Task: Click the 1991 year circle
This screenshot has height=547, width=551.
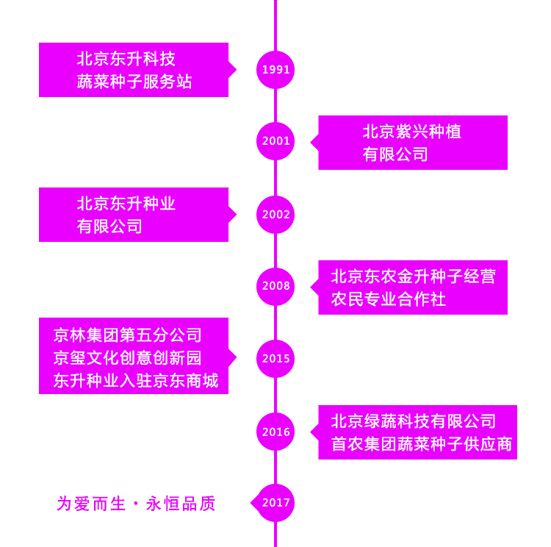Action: click(x=275, y=70)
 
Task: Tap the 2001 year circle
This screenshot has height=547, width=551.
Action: click(x=275, y=141)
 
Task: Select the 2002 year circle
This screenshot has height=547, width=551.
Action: click(x=275, y=215)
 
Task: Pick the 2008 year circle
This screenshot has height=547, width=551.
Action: click(x=275, y=286)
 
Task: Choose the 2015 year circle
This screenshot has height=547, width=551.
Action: click(x=275, y=359)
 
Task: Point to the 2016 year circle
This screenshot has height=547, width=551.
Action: click(x=275, y=432)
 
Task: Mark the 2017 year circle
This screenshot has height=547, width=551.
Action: click(x=275, y=503)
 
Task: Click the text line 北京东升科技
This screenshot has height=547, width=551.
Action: click(x=126, y=59)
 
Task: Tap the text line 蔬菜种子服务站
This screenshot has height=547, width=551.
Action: click(x=134, y=82)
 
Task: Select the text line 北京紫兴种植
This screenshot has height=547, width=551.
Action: click(x=411, y=132)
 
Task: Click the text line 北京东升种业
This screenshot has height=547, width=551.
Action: click(x=126, y=204)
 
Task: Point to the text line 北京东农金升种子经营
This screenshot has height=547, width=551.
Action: click(x=413, y=276)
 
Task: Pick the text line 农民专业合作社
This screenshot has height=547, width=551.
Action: click(x=388, y=299)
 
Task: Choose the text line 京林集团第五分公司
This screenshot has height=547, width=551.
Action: click(x=127, y=335)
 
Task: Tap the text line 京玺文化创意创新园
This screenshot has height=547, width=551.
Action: click(x=127, y=358)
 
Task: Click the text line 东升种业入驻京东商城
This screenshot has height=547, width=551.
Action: click(x=135, y=381)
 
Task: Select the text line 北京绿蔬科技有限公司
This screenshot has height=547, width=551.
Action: click(x=413, y=421)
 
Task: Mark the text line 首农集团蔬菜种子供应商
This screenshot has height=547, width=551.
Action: click(x=421, y=444)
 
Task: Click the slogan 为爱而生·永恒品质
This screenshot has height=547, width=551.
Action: click(x=136, y=504)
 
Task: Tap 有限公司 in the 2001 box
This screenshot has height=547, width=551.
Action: click(x=395, y=154)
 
